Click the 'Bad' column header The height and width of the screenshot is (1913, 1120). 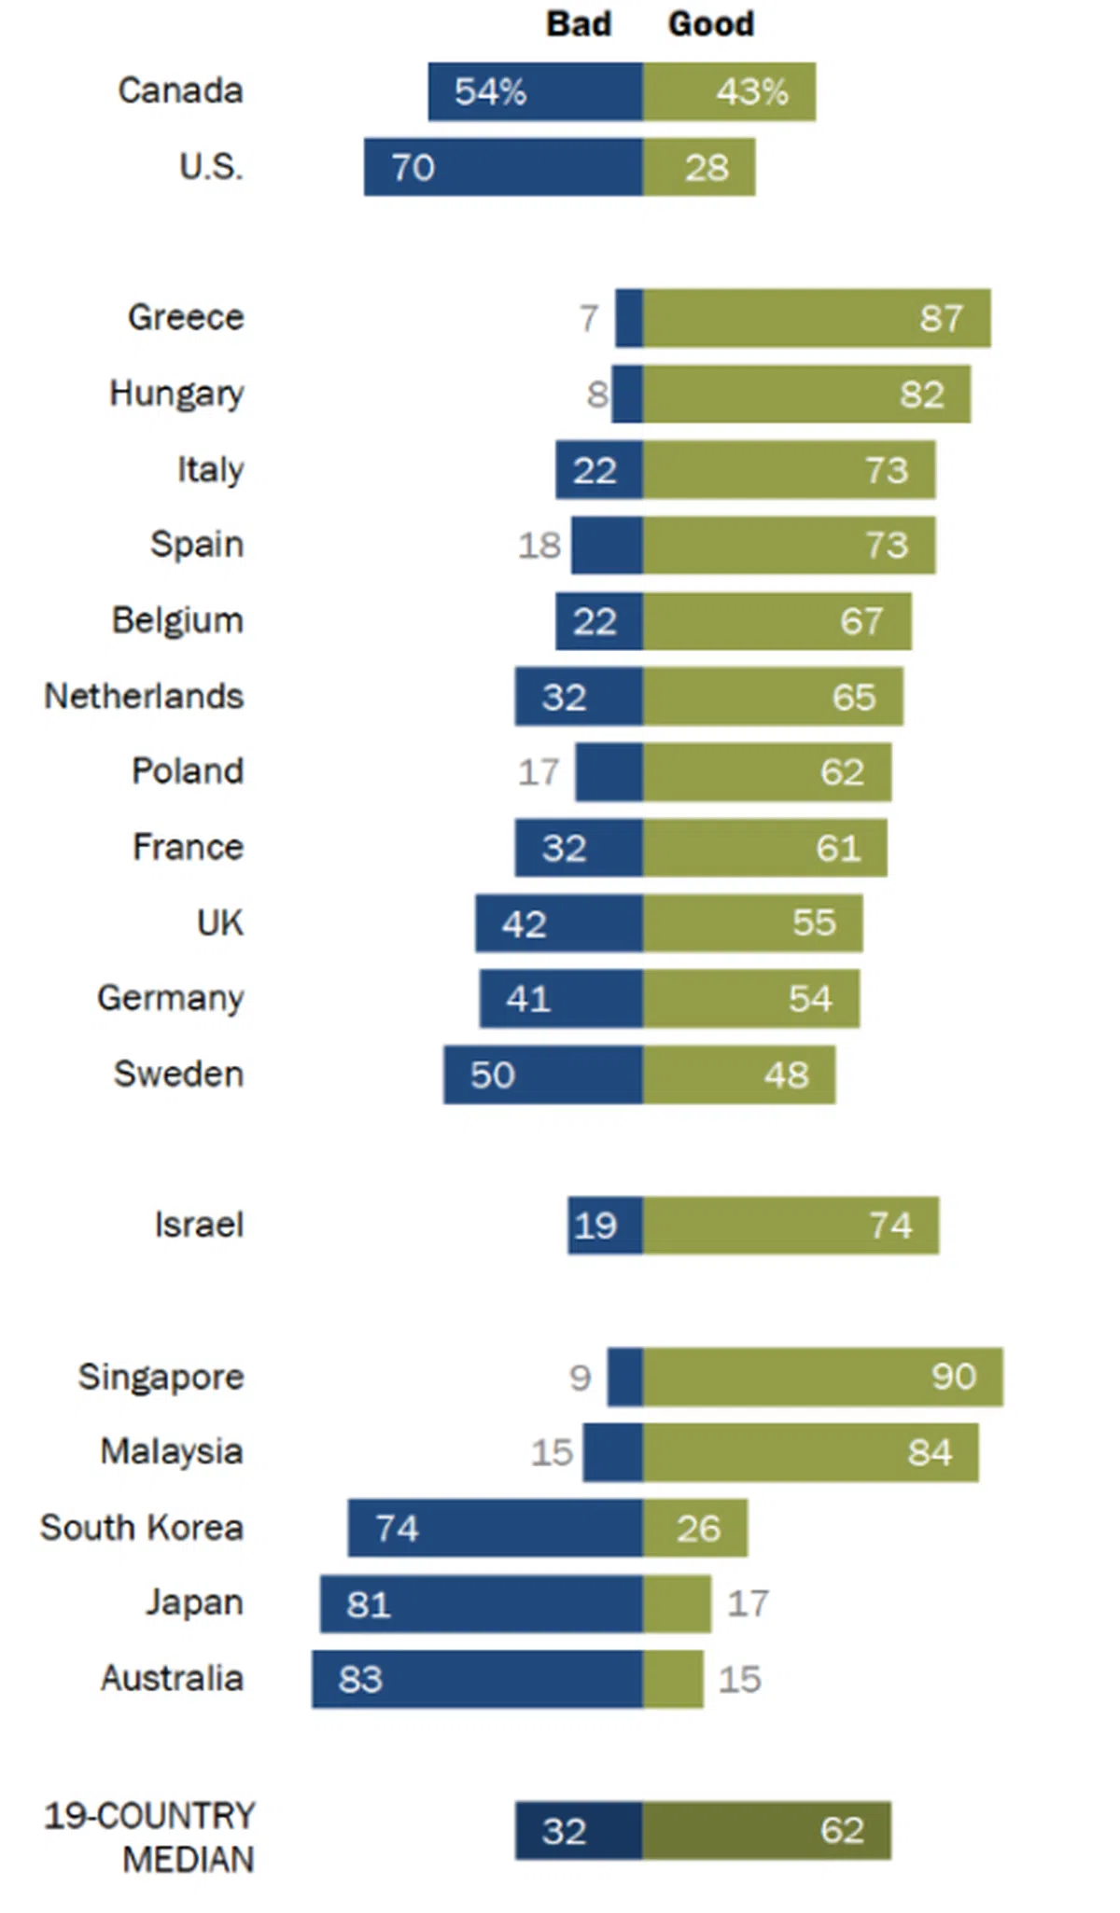point(579,23)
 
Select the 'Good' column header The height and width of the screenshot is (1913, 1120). point(710,23)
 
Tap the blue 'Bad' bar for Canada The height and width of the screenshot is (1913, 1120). point(535,91)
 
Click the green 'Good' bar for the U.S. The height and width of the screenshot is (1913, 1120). point(699,168)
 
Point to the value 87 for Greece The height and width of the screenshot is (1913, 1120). point(940,319)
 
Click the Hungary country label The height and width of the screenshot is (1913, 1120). point(176,394)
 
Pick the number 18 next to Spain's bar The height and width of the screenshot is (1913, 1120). point(539,546)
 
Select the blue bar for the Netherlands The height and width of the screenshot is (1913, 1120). point(579,697)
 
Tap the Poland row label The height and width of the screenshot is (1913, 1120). point(188,771)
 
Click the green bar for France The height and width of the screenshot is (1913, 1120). point(764,848)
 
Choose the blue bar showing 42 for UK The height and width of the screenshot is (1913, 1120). point(558,923)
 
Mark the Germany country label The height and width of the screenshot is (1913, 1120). point(170,999)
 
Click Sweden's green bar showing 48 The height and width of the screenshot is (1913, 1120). point(738,1074)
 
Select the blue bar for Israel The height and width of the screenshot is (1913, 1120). point(605,1226)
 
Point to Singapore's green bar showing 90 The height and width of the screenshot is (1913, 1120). point(822,1377)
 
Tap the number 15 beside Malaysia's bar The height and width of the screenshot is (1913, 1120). point(552,1452)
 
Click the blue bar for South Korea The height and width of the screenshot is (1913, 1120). point(495,1528)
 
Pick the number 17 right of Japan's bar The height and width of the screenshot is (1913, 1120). point(748,1603)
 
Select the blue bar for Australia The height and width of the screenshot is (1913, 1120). point(477,1679)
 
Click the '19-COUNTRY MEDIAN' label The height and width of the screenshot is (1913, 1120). point(149,1837)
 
